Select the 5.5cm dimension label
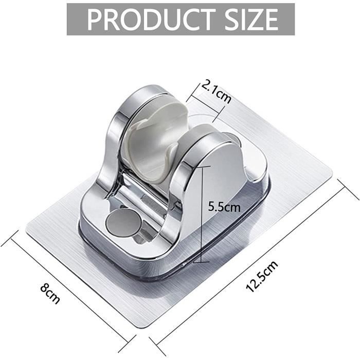[224, 208]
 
